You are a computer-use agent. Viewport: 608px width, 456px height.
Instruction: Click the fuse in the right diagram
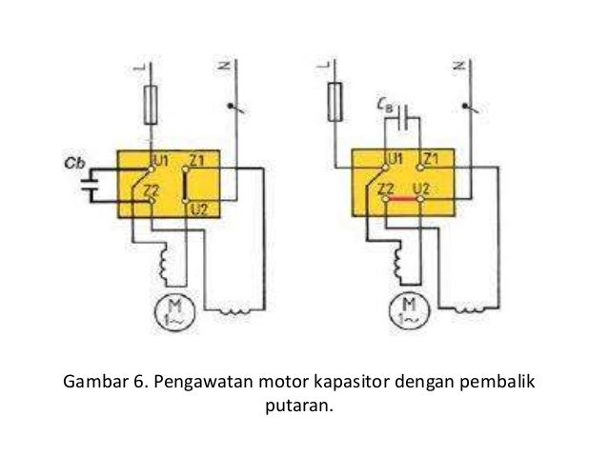click(334, 98)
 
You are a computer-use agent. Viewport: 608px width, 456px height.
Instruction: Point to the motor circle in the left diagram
click(176, 309)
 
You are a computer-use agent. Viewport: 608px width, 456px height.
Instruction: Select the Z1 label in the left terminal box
click(198, 159)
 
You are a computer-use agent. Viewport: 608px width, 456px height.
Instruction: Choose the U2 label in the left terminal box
click(198, 208)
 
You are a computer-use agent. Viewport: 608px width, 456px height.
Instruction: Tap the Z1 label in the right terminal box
click(431, 158)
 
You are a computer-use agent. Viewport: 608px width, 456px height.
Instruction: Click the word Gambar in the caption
click(98, 384)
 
